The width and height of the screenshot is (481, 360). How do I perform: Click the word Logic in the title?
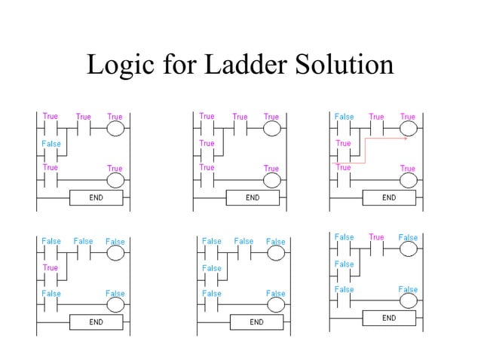click(118, 66)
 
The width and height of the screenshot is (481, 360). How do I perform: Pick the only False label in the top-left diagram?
click(51, 143)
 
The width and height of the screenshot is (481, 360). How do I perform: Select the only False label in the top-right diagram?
click(344, 117)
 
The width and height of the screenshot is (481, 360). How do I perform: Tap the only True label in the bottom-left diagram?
click(51, 267)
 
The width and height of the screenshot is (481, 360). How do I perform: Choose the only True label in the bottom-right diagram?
click(375, 237)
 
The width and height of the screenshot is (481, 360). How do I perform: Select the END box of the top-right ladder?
click(388, 198)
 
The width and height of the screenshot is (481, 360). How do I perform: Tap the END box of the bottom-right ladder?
click(388, 319)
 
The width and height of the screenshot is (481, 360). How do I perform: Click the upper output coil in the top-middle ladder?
click(271, 128)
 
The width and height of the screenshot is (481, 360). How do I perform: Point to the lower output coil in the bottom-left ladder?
click(115, 305)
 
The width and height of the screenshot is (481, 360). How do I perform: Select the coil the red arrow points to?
click(408, 128)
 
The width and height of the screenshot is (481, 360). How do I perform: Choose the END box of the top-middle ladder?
click(253, 198)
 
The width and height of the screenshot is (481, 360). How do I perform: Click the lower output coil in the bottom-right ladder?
click(408, 301)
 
